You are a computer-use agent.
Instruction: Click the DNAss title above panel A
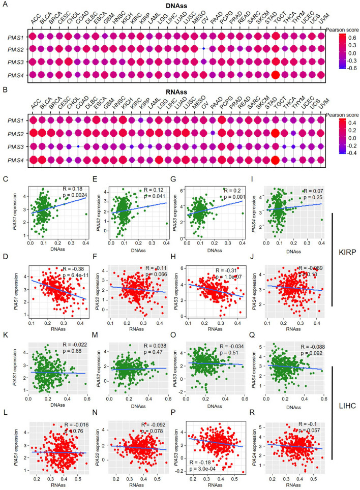click(177, 4)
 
